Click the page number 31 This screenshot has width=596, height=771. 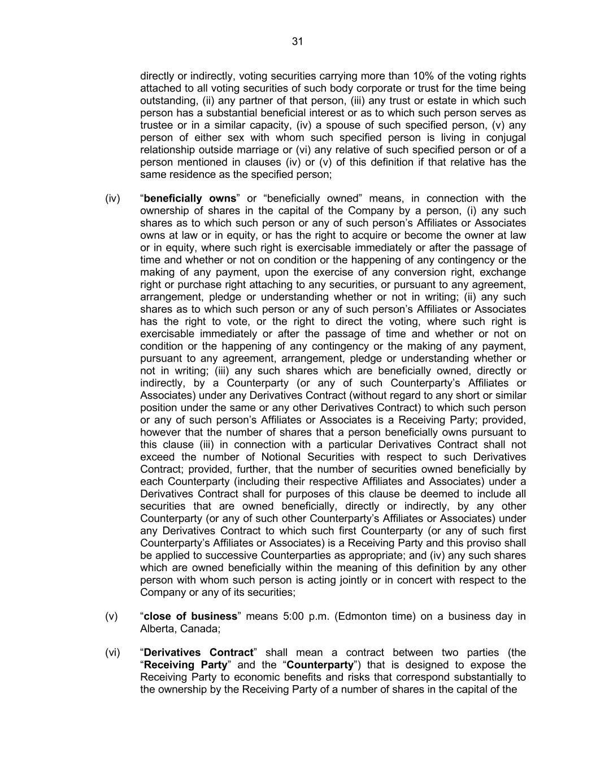click(x=298, y=41)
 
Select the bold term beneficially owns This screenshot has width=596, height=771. click(x=190, y=198)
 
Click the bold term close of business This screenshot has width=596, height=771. click(x=190, y=616)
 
